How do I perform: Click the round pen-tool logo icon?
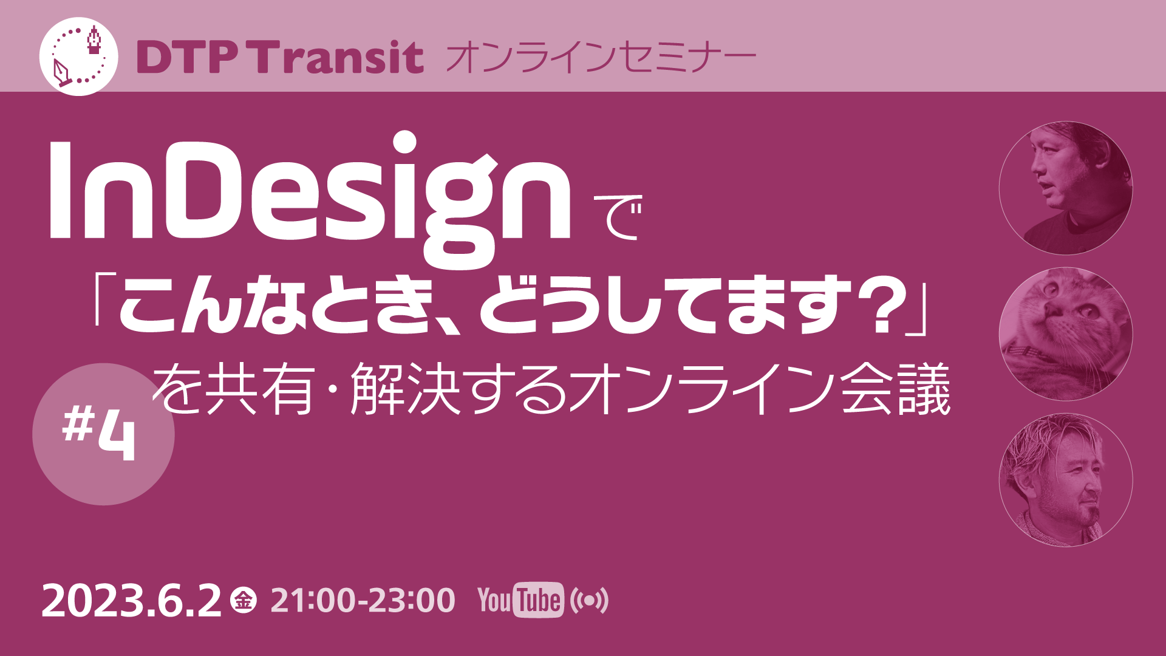coord(78,56)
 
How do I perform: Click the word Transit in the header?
coord(338,58)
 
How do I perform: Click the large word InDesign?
coord(310,194)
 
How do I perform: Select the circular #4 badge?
coord(103,434)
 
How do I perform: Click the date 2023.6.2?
coord(131,601)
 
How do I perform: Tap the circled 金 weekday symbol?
coord(244,601)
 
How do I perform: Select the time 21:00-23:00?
coord(363,601)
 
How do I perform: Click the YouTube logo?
coord(520,601)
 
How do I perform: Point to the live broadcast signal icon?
coord(589,601)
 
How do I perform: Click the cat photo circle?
coord(1065,334)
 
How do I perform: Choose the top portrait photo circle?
coord(1065,188)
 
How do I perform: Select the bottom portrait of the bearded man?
coord(1065,480)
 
